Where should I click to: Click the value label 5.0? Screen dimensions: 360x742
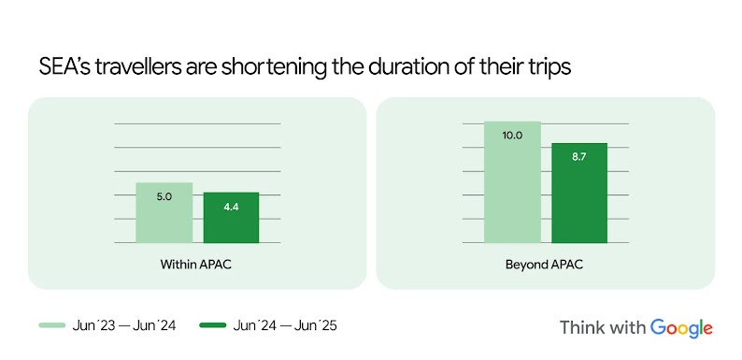[x=164, y=196]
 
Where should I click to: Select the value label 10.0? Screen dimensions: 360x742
[x=512, y=136]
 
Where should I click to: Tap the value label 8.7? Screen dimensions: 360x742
[x=579, y=156]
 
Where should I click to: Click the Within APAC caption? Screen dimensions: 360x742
[x=196, y=265]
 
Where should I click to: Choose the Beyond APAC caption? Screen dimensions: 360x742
[x=545, y=265]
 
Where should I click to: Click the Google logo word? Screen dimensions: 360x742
[x=682, y=327]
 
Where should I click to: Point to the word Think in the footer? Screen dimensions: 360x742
[x=581, y=327]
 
